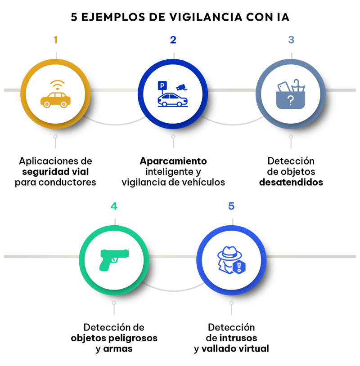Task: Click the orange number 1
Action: pos(55,40)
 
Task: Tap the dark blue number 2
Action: pos(173,40)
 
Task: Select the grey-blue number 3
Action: pos(291,40)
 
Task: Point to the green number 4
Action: pos(114,206)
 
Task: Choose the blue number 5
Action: pos(231,206)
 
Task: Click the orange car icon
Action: pos(56,100)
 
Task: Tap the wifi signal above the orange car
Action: pos(57,85)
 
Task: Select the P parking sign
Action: pos(162,86)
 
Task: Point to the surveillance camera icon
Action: pos(181,87)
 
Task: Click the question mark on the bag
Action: pos(291,101)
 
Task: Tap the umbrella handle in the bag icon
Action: pos(296,82)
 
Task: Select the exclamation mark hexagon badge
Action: pos(239,267)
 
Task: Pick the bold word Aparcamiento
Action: pos(173,161)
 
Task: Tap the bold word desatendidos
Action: pos(291,182)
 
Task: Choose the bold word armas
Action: pos(118,349)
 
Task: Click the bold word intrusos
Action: pos(238,338)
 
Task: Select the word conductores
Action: pos(67,182)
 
